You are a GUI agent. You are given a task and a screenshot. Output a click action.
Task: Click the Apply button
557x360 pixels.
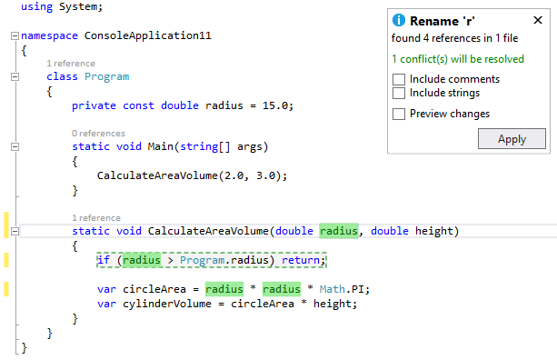pyautogui.click(x=512, y=139)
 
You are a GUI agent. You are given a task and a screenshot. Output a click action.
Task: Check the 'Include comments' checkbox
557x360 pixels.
pyautogui.click(x=398, y=79)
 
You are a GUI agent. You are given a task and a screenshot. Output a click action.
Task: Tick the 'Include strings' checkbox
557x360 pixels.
pyautogui.click(x=398, y=93)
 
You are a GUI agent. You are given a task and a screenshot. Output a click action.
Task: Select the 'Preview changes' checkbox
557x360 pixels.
pyautogui.click(x=398, y=114)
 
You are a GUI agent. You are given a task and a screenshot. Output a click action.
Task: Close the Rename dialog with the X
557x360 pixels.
pyautogui.click(x=537, y=20)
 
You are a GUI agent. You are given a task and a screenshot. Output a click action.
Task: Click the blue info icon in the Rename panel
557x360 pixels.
pyautogui.click(x=398, y=20)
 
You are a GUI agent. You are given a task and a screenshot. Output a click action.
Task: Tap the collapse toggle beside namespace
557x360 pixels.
pyautogui.click(x=12, y=36)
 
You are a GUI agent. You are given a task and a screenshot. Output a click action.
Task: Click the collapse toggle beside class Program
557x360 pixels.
pyautogui.click(x=12, y=77)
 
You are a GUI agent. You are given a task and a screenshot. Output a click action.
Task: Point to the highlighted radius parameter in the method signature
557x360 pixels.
pyautogui.click(x=339, y=231)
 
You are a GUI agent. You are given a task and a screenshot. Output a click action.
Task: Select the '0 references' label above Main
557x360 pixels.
pyautogui.click(x=98, y=134)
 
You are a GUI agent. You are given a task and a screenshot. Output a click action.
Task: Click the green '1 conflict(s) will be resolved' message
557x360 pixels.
pyautogui.click(x=458, y=59)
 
